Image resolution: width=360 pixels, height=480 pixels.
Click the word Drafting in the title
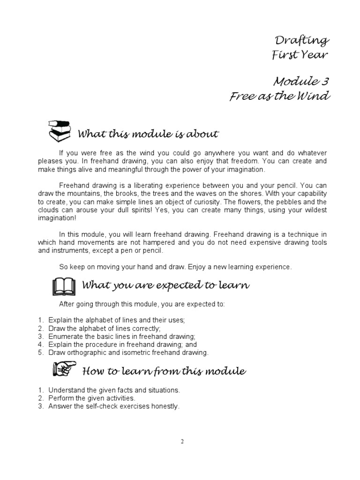[302, 41]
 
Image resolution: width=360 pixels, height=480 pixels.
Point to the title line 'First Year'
[300, 55]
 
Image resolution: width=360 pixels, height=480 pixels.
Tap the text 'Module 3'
[301, 82]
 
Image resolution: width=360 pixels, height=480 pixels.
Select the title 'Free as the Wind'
[280, 97]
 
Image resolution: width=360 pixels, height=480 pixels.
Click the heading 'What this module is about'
[148, 135]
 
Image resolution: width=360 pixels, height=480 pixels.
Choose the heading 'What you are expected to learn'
[165, 285]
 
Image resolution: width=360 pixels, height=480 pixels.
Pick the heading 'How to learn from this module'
[164, 372]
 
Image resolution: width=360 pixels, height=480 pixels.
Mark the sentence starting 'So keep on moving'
[175, 267]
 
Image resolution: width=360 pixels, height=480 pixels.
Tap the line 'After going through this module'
[142, 304]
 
